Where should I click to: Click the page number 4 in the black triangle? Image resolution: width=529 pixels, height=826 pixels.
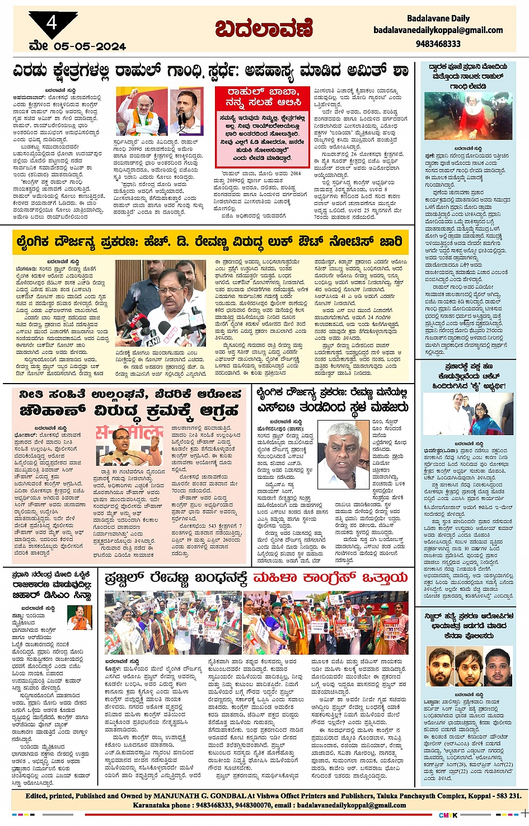(x=52, y=23)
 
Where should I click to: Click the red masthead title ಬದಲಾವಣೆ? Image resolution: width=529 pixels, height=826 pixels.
(x=265, y=29)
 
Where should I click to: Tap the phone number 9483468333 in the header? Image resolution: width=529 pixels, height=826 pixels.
(x=438, y=44)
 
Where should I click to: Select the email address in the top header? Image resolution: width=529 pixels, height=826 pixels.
(x=438, y=30)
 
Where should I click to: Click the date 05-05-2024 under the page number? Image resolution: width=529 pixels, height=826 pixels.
(x=90, y=46)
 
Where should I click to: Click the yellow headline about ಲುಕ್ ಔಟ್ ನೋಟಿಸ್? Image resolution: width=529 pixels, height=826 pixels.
(x=208, y=242)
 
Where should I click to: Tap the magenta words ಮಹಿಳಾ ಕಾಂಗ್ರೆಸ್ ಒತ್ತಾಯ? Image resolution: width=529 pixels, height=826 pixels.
(x=330, y=578)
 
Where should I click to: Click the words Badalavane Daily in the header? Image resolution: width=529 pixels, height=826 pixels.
(x=438, y=18)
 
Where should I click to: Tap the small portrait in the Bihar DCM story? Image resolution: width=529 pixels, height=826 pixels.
(x=79, y=618)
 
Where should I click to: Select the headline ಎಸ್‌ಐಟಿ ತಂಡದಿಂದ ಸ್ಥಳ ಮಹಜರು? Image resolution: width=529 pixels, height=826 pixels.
(x=333, y=407)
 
